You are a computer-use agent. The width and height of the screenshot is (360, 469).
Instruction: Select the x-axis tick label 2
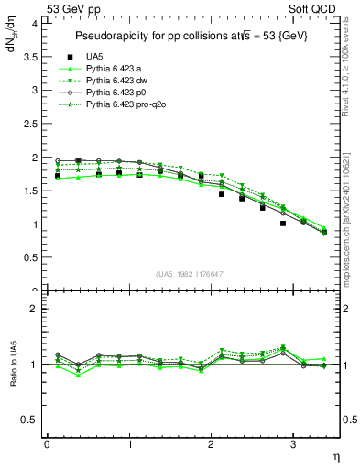click(x=211, y=444)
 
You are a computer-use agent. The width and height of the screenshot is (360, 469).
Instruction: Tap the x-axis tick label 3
click(x=292, y=444)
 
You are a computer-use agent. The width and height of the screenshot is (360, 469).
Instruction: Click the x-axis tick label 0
click(x=47, y=444)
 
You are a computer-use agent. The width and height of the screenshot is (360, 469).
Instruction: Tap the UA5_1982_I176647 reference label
click(x=192, y=273)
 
